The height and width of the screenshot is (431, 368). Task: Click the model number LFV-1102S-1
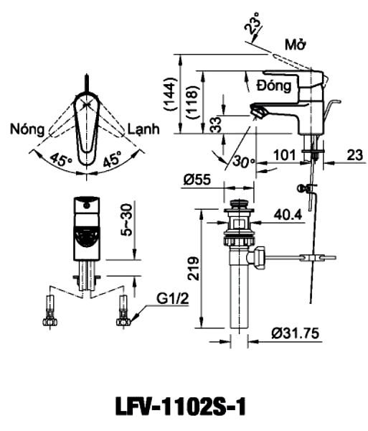click(x=180, y=406)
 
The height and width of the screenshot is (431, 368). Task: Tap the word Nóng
click(x=27, y=129)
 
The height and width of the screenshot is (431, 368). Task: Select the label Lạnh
click(x=143, y=129)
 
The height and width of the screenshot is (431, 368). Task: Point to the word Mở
click(x=296, y=45)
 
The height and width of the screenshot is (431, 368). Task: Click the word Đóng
click(x=274, y=85)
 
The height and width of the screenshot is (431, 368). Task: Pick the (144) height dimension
click(x=170, y=94)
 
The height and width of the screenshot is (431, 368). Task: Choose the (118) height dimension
click(x=192, y=102)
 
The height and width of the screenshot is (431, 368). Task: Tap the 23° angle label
click(x=253, y=23)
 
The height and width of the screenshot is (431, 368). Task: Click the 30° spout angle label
click(x=244, y=162)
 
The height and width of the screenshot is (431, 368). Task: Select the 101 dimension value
click(x=285, y=155)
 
